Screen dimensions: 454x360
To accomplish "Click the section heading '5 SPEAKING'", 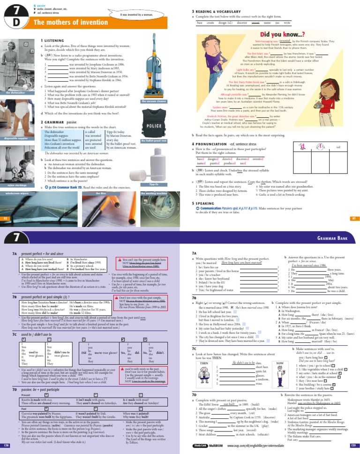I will pos(204,204).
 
